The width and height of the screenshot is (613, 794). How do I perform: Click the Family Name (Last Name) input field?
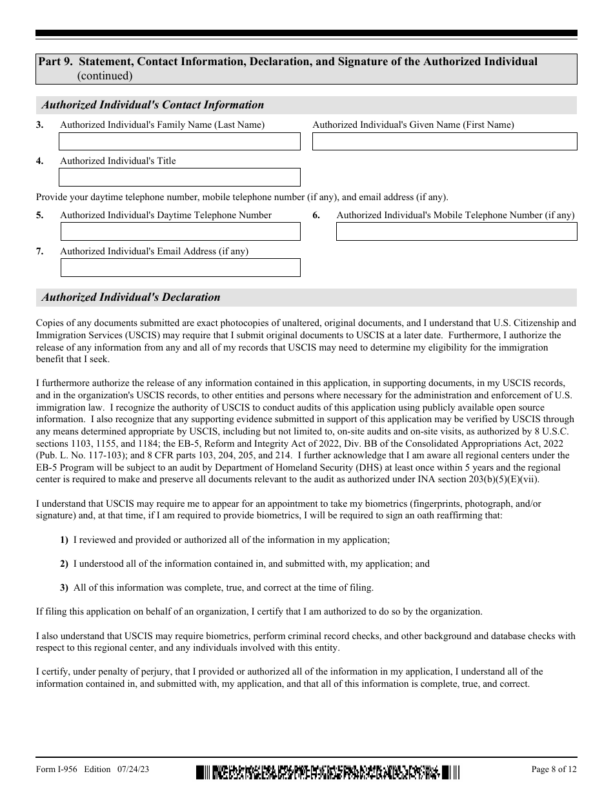click(x=179, y=141)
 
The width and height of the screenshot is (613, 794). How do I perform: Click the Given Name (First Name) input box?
click(x=445, y=141)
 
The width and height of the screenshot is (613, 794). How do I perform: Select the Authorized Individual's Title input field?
click(x=179, y=178)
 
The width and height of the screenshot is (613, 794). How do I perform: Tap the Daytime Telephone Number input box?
click(x=180, y=232)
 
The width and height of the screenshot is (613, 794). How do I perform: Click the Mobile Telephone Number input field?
click(x=456, y=232)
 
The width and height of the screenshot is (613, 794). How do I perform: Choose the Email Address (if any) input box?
click(x=180, y=268)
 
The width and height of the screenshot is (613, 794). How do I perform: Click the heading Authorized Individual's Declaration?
click(x=131, y=298)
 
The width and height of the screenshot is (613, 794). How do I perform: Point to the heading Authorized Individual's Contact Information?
click(x=153, y=105)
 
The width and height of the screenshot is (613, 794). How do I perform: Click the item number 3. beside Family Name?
click(x=40, y=125)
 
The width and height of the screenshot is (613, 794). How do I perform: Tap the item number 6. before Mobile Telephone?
click(x=316, y=216)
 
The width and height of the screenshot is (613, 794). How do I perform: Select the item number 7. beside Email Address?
click(x=40, y=252)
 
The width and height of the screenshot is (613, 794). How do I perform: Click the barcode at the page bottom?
click(x=328, y=771)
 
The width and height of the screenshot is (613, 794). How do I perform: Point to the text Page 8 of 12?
click(x=554, y=769)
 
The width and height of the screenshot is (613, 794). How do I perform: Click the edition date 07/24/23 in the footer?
click(x=134, y=769)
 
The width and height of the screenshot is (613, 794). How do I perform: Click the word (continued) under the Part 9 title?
click(x=105, y=76)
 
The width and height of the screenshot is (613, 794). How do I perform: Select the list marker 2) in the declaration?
click(x=64, y=564)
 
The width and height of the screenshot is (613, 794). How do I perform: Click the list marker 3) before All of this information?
click(x=64, y=588)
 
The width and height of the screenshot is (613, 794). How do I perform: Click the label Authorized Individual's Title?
click(x=117, y=161)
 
